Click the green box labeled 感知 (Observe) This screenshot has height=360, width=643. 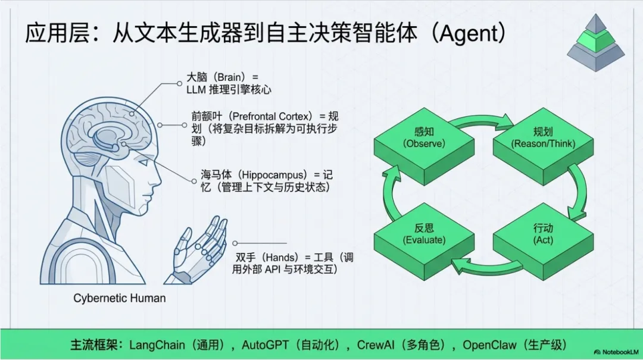(x=423, y=138)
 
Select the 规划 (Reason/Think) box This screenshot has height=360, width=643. (x=543, y=138)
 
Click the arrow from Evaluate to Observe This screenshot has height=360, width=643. (x=389, y=192)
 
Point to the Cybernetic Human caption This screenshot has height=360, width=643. (x=120, y=298)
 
